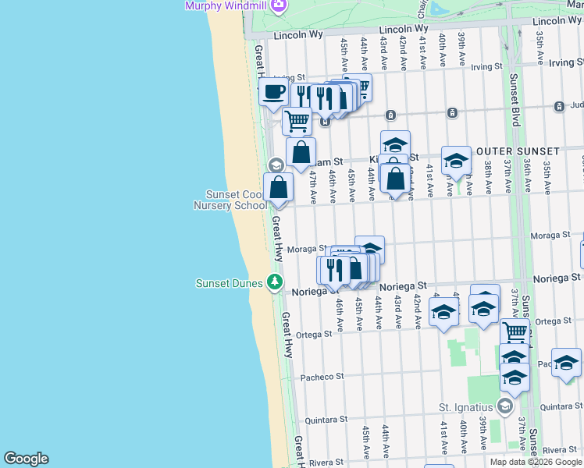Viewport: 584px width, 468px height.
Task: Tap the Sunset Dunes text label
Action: (229, 282)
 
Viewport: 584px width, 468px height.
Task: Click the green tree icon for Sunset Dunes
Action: (274, 281)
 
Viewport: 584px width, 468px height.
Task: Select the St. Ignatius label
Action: (466, 406)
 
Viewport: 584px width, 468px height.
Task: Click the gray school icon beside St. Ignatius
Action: (505, 406)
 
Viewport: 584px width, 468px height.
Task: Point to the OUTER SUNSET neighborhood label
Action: (517, 151)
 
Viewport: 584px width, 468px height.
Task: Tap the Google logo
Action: (26, 459)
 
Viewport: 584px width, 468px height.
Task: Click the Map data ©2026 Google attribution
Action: (536, 462)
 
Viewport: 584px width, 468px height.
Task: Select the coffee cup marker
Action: (274, 92)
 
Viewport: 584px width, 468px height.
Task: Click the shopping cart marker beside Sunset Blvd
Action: (515, 332)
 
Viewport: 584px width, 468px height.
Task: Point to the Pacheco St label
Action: (322, 376)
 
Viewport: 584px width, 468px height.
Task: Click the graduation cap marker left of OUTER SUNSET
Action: (456, 161)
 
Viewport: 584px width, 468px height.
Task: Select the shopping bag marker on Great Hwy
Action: (278, 187)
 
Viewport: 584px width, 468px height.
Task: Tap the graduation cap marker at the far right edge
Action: (566, 362)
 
